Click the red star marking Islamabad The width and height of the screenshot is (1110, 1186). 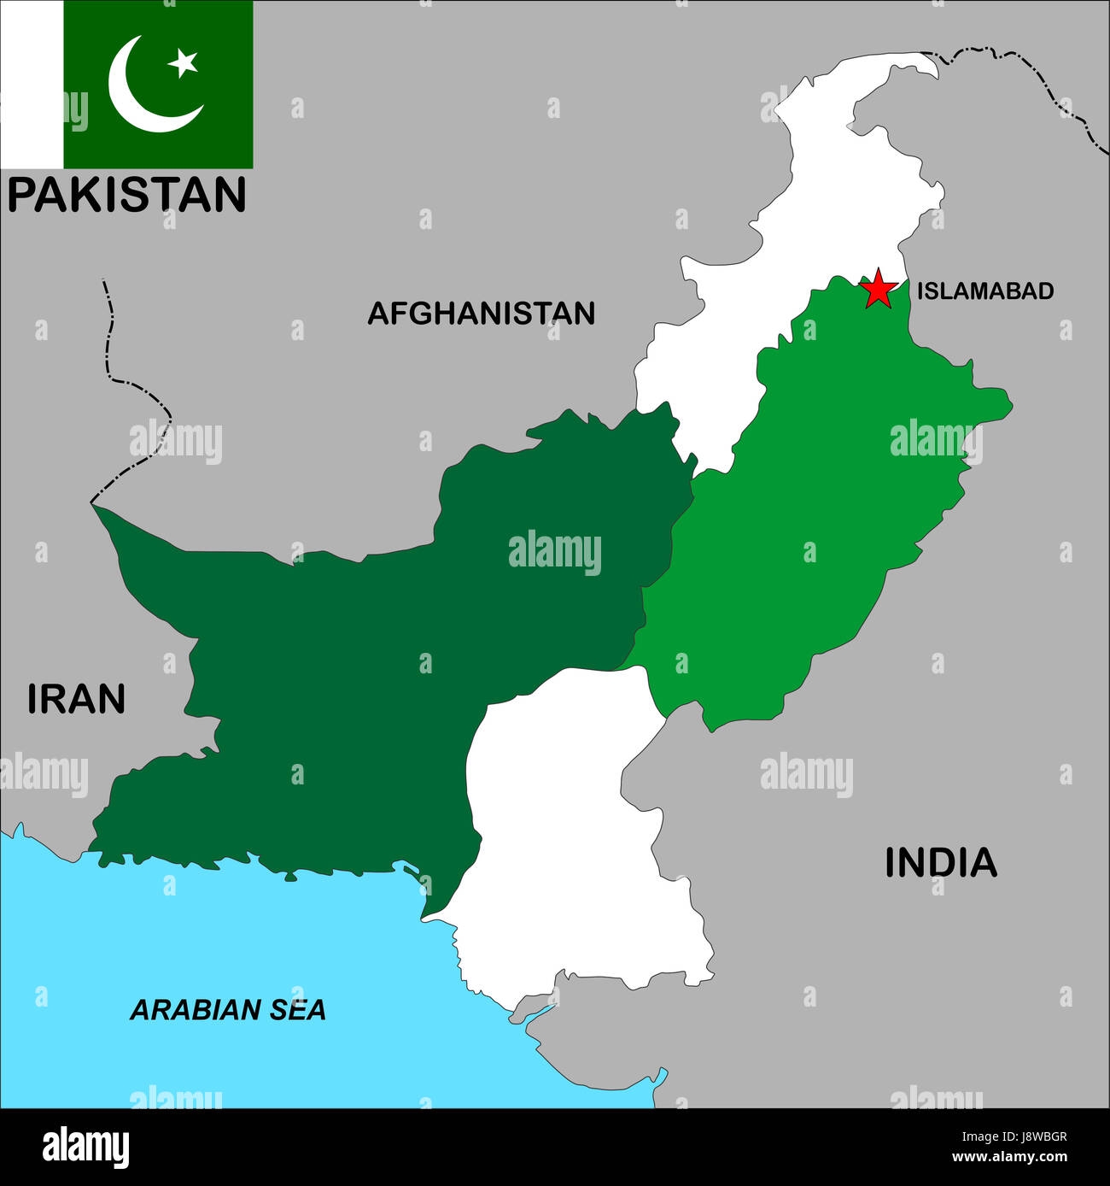coord(878,290)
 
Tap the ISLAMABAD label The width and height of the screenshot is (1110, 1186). coord(984,291)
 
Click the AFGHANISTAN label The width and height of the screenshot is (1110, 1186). coord(481,314)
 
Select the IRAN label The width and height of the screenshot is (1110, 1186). coord(76,698)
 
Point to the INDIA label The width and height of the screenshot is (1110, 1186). coord(940,862)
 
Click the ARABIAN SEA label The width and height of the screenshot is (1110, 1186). coord(227,1010)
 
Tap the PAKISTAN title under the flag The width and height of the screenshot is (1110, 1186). coord(127,194)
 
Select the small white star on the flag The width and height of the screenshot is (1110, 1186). coord(183,62)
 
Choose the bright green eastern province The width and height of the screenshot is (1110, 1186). coord(820,513)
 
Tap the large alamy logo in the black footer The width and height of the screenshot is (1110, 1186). coord(86,1145)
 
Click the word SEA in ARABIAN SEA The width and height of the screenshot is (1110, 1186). coord(295,1010)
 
